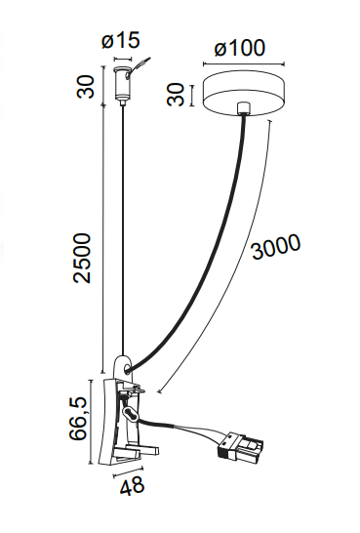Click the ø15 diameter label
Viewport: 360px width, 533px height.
[x=121, y=40]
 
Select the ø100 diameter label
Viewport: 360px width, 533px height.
[x=239, y=48]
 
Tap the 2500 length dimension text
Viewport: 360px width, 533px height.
[x=83, y=258]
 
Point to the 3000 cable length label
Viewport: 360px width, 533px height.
[x=276, y=246]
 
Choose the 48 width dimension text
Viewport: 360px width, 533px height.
[x=132, y=486]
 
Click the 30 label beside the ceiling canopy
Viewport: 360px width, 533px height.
[x=176, y=95]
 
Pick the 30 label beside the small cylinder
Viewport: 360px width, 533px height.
[x=85, y=87]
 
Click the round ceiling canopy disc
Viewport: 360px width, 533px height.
[x=244, y=94]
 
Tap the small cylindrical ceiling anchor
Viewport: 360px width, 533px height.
[x=121, y=85]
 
